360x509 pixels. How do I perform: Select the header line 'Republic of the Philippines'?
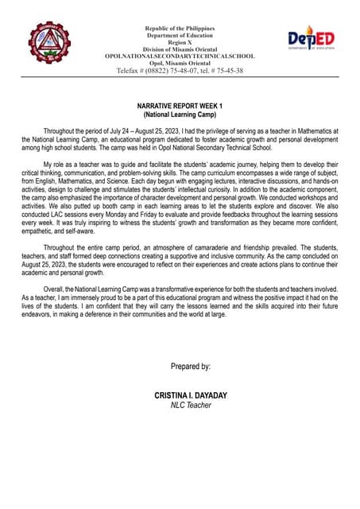click(x=180, y=29)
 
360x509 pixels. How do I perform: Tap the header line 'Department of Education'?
click(x=180, y=36)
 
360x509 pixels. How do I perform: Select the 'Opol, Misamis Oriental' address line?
click(x=180, y=64)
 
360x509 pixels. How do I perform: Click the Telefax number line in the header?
click(x=180, y=71)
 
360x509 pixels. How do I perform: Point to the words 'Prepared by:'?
click(x=191, y=366)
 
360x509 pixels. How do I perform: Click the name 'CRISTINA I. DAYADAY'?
click(x=191, y=395)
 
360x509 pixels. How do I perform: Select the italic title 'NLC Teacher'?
click(x=191, y=405)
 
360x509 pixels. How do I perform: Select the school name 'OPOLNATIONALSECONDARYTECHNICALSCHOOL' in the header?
click(x=180, y=56)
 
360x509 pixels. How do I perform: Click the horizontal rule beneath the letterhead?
click(x=180, y=76)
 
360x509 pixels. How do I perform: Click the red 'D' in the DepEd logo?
click(x=294, y=38)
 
